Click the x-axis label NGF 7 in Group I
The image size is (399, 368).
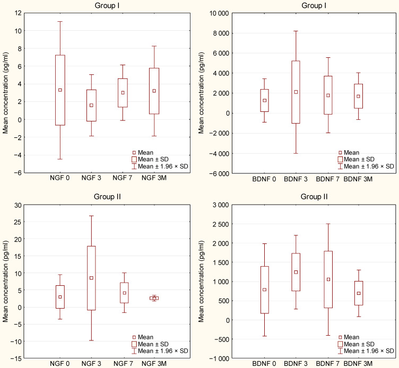pos(123,180)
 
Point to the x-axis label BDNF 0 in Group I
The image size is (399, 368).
pos(264,180)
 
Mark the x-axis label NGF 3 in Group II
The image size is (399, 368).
pos(91,365)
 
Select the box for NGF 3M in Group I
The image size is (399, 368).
pos(154,91)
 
